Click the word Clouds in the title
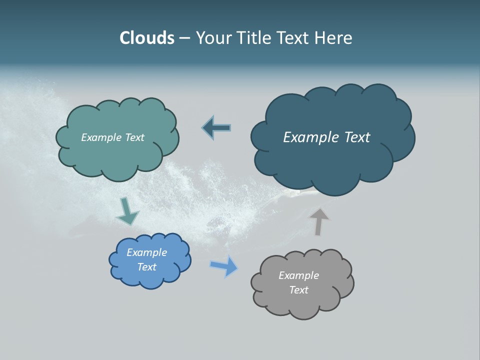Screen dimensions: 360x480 click(x=146, y=38)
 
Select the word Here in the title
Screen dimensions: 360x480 click(x=333, y=38)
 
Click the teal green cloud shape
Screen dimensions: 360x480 click(x=117, y=149)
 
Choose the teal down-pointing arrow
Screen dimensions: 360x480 click(x=127, y=211)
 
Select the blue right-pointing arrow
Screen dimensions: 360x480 click(x=224, y=266)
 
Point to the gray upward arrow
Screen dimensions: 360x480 click(x=320, y=221)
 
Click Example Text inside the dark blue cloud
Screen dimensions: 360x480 click(x=326, y=137)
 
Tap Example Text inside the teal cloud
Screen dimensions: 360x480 click(x=112, y=137)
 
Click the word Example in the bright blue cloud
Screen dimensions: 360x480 click(x=146, y=252)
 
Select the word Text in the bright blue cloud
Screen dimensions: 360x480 click(x=146, y=267)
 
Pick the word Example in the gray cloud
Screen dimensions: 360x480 click(x=298, y=275)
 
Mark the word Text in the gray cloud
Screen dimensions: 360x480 click(x=298, y=290)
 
